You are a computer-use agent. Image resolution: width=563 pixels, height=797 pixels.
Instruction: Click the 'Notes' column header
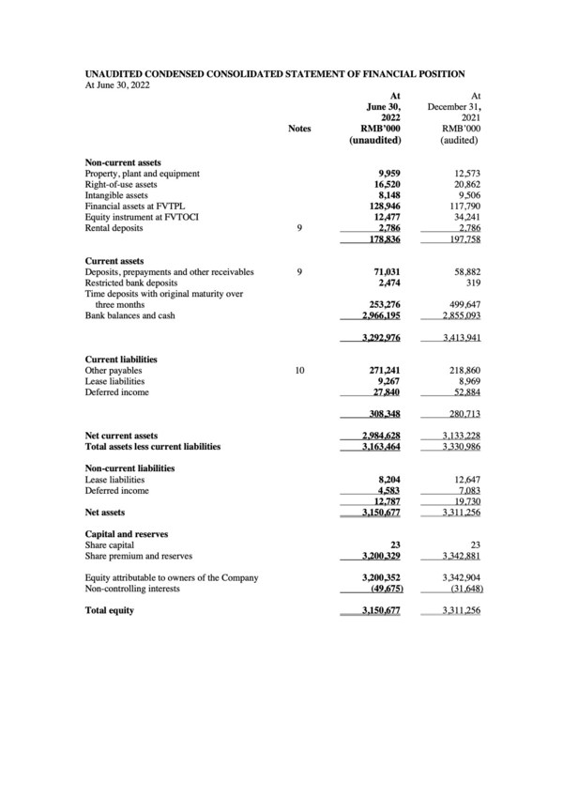[299, 129]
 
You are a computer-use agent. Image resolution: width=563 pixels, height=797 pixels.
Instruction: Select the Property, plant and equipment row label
[142, 174]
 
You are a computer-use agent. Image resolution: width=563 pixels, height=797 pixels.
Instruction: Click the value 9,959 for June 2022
[387, 174]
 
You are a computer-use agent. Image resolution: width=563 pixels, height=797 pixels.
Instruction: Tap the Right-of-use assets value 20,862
[463, 185]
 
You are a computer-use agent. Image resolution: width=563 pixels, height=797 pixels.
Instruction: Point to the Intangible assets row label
[116, 195]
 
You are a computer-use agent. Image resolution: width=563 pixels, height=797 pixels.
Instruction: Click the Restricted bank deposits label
[133, 283]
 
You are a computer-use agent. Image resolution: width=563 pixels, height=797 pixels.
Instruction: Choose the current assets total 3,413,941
[458, 337]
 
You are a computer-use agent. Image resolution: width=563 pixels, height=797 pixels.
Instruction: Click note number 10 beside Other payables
[299, 371]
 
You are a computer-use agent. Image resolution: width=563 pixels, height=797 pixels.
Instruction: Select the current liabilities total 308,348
[382, 414]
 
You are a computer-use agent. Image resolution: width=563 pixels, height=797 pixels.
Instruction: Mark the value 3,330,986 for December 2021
[458, 447]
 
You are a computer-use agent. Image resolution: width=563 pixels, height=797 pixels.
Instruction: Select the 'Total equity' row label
[109, 610]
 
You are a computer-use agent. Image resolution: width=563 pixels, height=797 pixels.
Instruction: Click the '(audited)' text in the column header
[460, 140]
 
